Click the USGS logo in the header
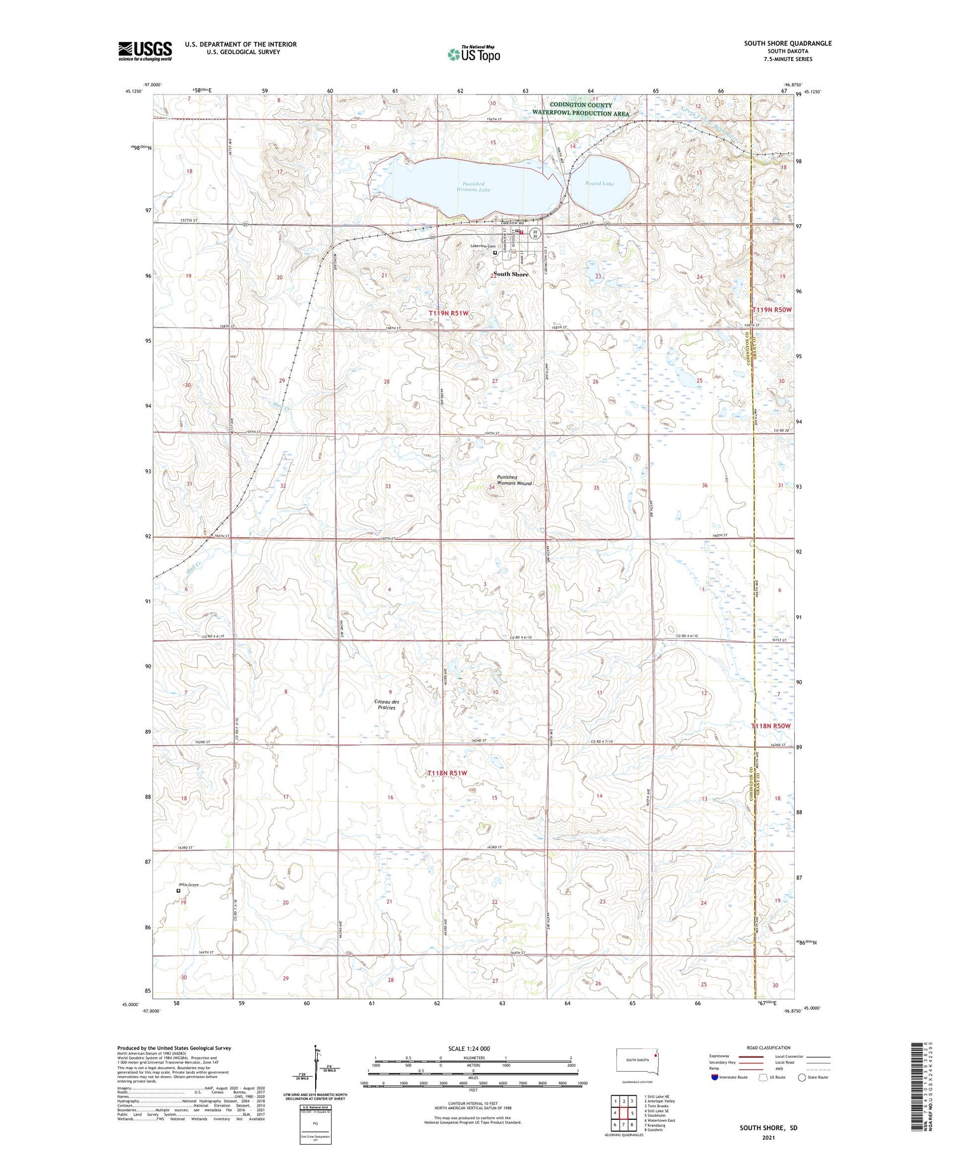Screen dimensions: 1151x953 (145, 51)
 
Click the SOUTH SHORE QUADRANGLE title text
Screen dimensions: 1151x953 (788, 43)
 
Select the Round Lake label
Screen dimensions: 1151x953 (600, 183)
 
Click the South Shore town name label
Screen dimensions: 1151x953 (511, 274)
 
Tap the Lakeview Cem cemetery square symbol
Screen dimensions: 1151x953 (496, 253)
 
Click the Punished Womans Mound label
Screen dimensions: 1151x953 (514, 480)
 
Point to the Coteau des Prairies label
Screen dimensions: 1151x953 (386, 704)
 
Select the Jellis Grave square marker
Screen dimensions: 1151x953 (179, 891)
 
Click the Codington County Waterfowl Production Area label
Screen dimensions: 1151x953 (581, 109)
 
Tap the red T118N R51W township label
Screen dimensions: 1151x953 (447, 773)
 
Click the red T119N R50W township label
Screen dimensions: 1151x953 (773, 310)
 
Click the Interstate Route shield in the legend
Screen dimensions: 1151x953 (714, 1077)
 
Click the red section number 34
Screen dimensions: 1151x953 (491, 488)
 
